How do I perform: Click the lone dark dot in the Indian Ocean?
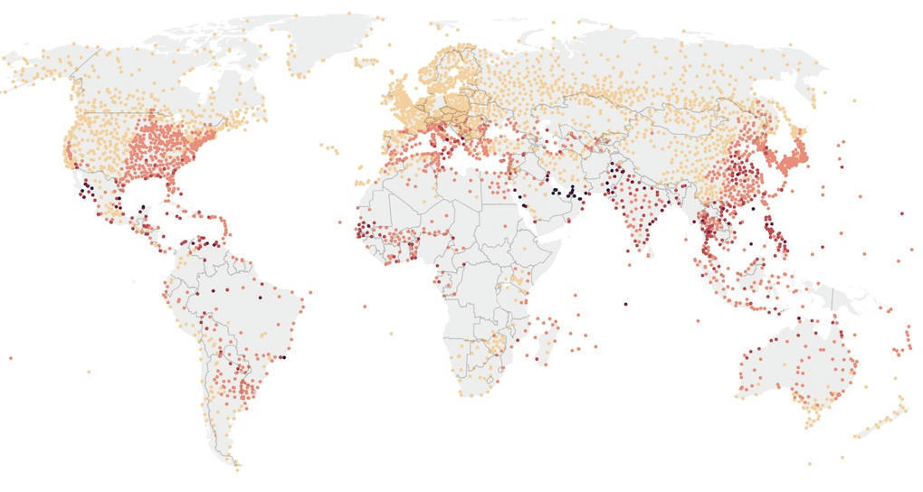pos(625,303)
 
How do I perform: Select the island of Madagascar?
pos(545,336)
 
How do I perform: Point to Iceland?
pos(366,62)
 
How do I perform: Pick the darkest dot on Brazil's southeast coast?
pos(283,357)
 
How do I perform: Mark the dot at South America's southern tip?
pos(237,468)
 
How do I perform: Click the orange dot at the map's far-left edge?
pos(11,358)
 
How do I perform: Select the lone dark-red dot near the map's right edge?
pos(901,213)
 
